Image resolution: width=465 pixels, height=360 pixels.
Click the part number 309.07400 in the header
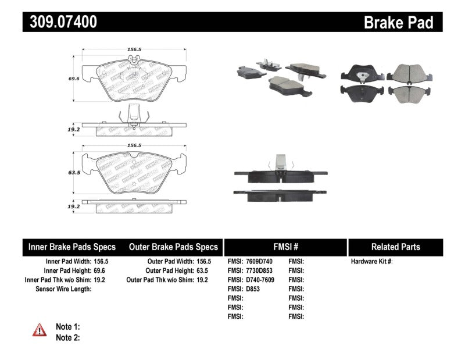point(60,22)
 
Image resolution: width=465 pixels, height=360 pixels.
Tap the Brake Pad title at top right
point(398,23)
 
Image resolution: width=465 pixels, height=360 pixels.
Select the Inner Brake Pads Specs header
point(72,247)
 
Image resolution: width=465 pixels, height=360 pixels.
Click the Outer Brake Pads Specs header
point(173,247)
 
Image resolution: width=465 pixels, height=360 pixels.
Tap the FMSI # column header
point(285,247)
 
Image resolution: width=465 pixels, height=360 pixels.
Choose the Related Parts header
point(395,247)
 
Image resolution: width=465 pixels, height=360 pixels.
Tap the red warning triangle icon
point(40,330)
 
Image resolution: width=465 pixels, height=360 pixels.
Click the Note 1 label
point(67,327)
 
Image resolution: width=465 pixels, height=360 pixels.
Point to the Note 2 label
point(67,337)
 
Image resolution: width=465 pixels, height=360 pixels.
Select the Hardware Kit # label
point(371,262)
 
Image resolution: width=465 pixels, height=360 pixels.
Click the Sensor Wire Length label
point(63,288)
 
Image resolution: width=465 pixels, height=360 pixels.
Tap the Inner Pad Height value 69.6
point(101,270)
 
